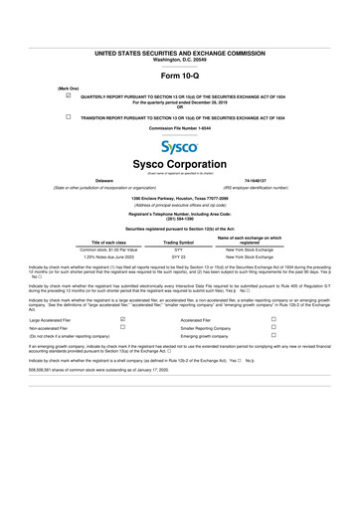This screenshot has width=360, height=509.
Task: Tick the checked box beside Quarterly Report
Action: (x=68, y=96)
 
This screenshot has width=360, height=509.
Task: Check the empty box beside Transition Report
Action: (x=68, y=116)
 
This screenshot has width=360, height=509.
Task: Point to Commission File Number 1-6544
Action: (x=180, y=128)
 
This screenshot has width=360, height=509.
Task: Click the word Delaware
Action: (x=102, y=180)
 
